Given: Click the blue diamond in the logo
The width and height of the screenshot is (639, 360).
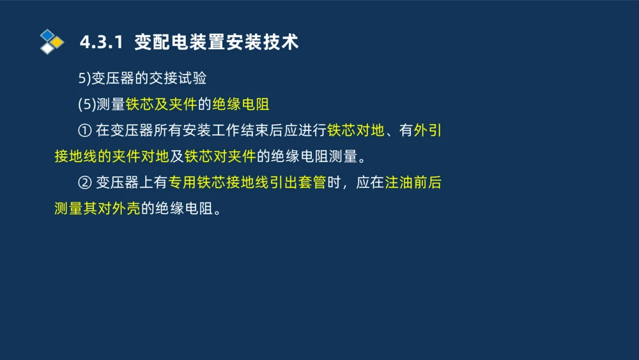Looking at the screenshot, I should [47, 35].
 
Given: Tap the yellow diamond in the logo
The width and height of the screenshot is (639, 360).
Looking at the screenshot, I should [56, 42].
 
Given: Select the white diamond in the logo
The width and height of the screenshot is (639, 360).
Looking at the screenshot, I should [47, 49].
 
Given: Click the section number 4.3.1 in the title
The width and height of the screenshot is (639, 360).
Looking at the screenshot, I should [101, 42].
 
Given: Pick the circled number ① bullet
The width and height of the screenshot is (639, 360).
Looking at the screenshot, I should [85, 130].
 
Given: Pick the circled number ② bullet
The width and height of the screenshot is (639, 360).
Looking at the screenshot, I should [85, 183].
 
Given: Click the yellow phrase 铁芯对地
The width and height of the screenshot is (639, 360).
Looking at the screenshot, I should [356, 130].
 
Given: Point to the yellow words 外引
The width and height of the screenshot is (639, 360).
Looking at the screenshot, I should [428, 130].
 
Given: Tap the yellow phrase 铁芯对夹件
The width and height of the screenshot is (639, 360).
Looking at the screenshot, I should [220, 157].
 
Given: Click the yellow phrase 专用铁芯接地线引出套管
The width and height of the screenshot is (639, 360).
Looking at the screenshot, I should [247, 183].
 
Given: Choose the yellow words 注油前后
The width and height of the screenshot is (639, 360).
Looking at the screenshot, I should [413, 183].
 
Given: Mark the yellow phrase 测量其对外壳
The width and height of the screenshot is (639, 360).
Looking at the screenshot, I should [97, 209].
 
